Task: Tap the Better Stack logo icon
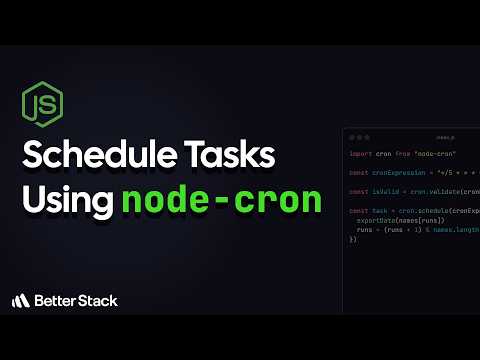20,300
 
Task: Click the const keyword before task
358,211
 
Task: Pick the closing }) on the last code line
353,239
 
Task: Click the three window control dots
357,136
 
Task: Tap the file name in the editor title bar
444,136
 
